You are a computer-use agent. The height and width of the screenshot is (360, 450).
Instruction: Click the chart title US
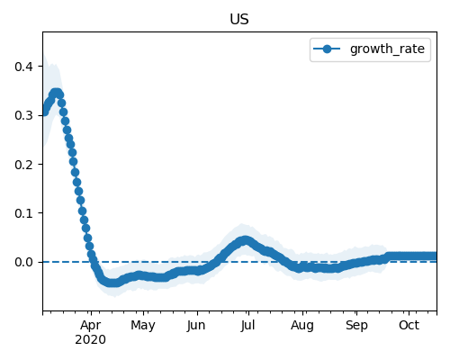[x=239, y=19]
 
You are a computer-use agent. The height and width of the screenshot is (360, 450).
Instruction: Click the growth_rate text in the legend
[x=387, y=49]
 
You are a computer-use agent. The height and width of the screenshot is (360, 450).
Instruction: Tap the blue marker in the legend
[x=327, y=49]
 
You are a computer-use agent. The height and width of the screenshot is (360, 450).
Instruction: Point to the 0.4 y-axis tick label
[x=23, y=67]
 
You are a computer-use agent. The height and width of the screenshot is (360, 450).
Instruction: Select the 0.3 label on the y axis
[x=23, y=115]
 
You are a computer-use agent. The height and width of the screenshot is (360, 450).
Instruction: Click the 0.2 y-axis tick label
[x=23, y=165]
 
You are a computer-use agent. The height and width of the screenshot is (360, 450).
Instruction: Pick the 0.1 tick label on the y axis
[x=23, y=213]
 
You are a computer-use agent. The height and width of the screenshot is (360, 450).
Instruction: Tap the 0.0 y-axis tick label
[x=23, y=262]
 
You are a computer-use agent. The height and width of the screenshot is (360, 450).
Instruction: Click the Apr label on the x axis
[x=91, y=326]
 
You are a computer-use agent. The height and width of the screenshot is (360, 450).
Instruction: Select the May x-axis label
[x=143, y=326]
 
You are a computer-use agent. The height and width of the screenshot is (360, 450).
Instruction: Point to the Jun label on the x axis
[x=196, y=326]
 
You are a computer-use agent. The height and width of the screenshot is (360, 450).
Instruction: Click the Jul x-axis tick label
[x=247, y=326]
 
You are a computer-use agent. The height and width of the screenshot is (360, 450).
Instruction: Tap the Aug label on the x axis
[x=302, y=326]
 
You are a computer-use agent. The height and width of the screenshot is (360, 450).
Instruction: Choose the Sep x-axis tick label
[x=356, y=326]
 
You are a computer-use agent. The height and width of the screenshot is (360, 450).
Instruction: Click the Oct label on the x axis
[x=409, y=325]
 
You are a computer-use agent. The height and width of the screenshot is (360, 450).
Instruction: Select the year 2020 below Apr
[x=91, y=340]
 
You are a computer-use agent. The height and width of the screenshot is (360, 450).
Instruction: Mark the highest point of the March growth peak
[x=56, y=93]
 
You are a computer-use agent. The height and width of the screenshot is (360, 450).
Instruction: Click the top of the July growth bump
[x=246, y=240]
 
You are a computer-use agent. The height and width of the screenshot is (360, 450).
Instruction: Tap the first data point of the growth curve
[x=44, y=112]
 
